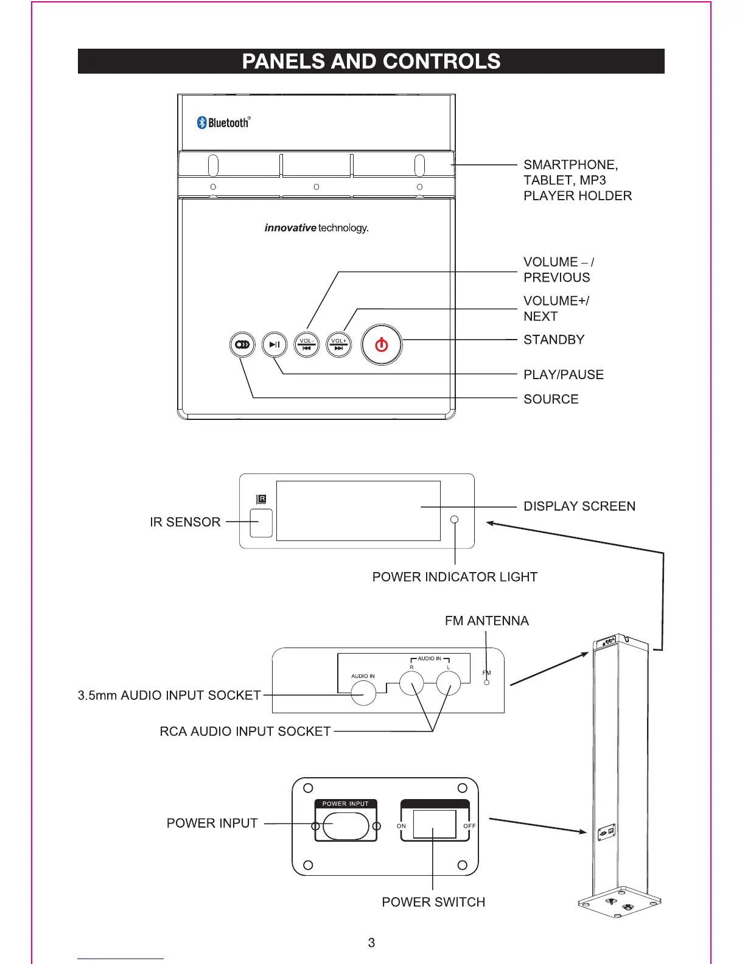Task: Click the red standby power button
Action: pyautogui.click(x=382, y=345)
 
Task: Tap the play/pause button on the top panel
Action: pyautogui.click(x=275, y=345)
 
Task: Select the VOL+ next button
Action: pyautogui.click(x=339, y=345)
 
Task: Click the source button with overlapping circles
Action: pyautogui.click(x=242, y=345)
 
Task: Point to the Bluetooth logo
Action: pyautogui.click(x=223, y=122)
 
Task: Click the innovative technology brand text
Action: pyautogui.click(x=317, y=228)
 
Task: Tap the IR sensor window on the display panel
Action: pyautogui.click(x=261, y=522)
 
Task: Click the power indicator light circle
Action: pyautogui.click(x=455, y=520)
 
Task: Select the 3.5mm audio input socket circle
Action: pyautogui.click(x=364, y=693)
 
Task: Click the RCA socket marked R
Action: pyautogui.click(x=411, y=683)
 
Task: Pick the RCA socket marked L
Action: pyautogui.click(x=449, y=683)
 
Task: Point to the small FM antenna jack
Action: pyautogui.click(x=486, y=682)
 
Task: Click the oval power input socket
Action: pyautogui.click(x=346, y=826)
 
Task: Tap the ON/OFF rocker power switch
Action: pyautogui.click(x=435, y=825)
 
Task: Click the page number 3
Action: pyautogui.click(x=371, y=943)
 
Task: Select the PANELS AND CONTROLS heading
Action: pyautogui.click(x=371, y=61)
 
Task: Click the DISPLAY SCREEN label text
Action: pyautogui.click(x=579, y=506)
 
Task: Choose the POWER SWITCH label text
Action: pyautogui.click(x=433, y=902)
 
